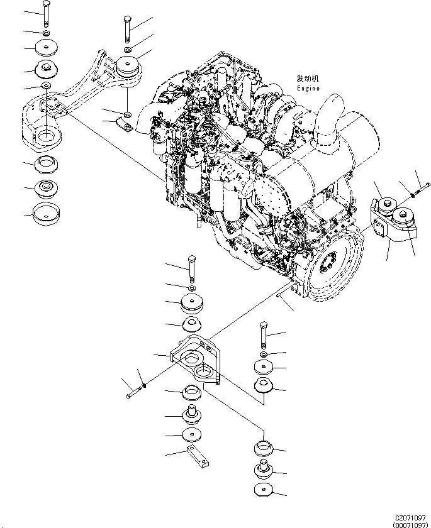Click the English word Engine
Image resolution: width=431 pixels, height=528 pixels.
click(x=308, y=89)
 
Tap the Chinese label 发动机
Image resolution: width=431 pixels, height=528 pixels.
click(x=308, y=79)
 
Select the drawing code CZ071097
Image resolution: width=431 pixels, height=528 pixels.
click(x=411, y=515)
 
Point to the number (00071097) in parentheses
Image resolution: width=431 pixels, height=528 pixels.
click(x=411, y=523)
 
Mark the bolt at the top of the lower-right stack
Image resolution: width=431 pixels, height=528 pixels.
click(x=264, y=335)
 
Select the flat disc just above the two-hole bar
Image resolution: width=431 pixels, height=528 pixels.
click(x=191, y=435)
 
